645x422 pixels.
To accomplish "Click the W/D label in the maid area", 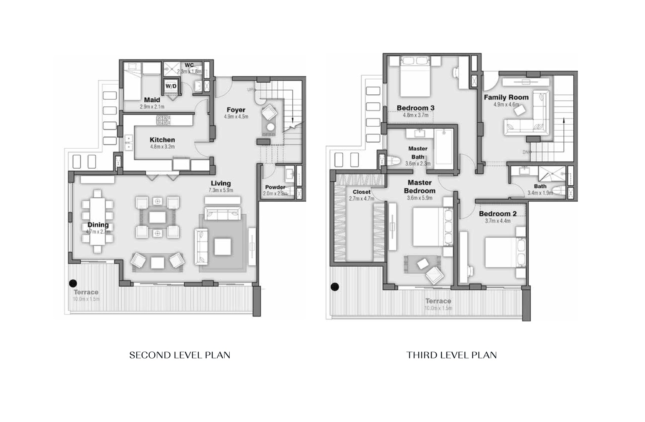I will [x=171, y=86].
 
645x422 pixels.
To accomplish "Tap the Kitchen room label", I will [x=162, y=140].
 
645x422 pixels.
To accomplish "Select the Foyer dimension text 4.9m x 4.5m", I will [x=236, y=117].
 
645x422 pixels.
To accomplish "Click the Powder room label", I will [x=275, y=187].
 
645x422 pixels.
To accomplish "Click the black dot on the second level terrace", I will [x=73, y=283].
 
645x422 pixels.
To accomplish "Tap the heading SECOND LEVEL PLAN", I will [x=180, y=355].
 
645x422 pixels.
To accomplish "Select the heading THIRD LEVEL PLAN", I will [x=452, y=355].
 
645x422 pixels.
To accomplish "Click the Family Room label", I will [x=506, y=97].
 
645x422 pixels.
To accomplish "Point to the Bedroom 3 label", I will [x=415, y=108].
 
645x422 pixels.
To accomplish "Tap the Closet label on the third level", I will [x=361, y=192].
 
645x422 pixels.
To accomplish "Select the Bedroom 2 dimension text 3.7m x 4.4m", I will [x=497, y=221].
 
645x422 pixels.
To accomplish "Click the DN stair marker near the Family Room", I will [x=526, y=152].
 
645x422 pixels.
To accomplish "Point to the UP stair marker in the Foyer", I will [x=250, y=90].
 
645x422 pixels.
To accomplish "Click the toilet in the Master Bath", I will [x=393, y=161].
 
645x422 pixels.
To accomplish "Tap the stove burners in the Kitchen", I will [x=163, y=121].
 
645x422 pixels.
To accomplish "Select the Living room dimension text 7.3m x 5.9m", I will [x=221, y=190].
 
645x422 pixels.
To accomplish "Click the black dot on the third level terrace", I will [x=334, y=287].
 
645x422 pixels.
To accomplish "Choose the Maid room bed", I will [x=132, y=81].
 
